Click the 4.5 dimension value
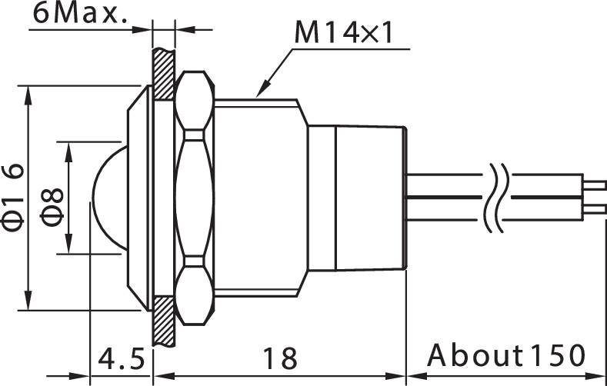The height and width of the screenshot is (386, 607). coord(121,358)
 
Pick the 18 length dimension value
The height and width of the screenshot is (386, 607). coord(279,358)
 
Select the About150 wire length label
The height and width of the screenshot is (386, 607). coord(506,357)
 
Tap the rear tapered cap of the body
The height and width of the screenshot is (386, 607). coord(370,198)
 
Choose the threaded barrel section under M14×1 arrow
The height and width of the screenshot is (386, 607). coord(258,198)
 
